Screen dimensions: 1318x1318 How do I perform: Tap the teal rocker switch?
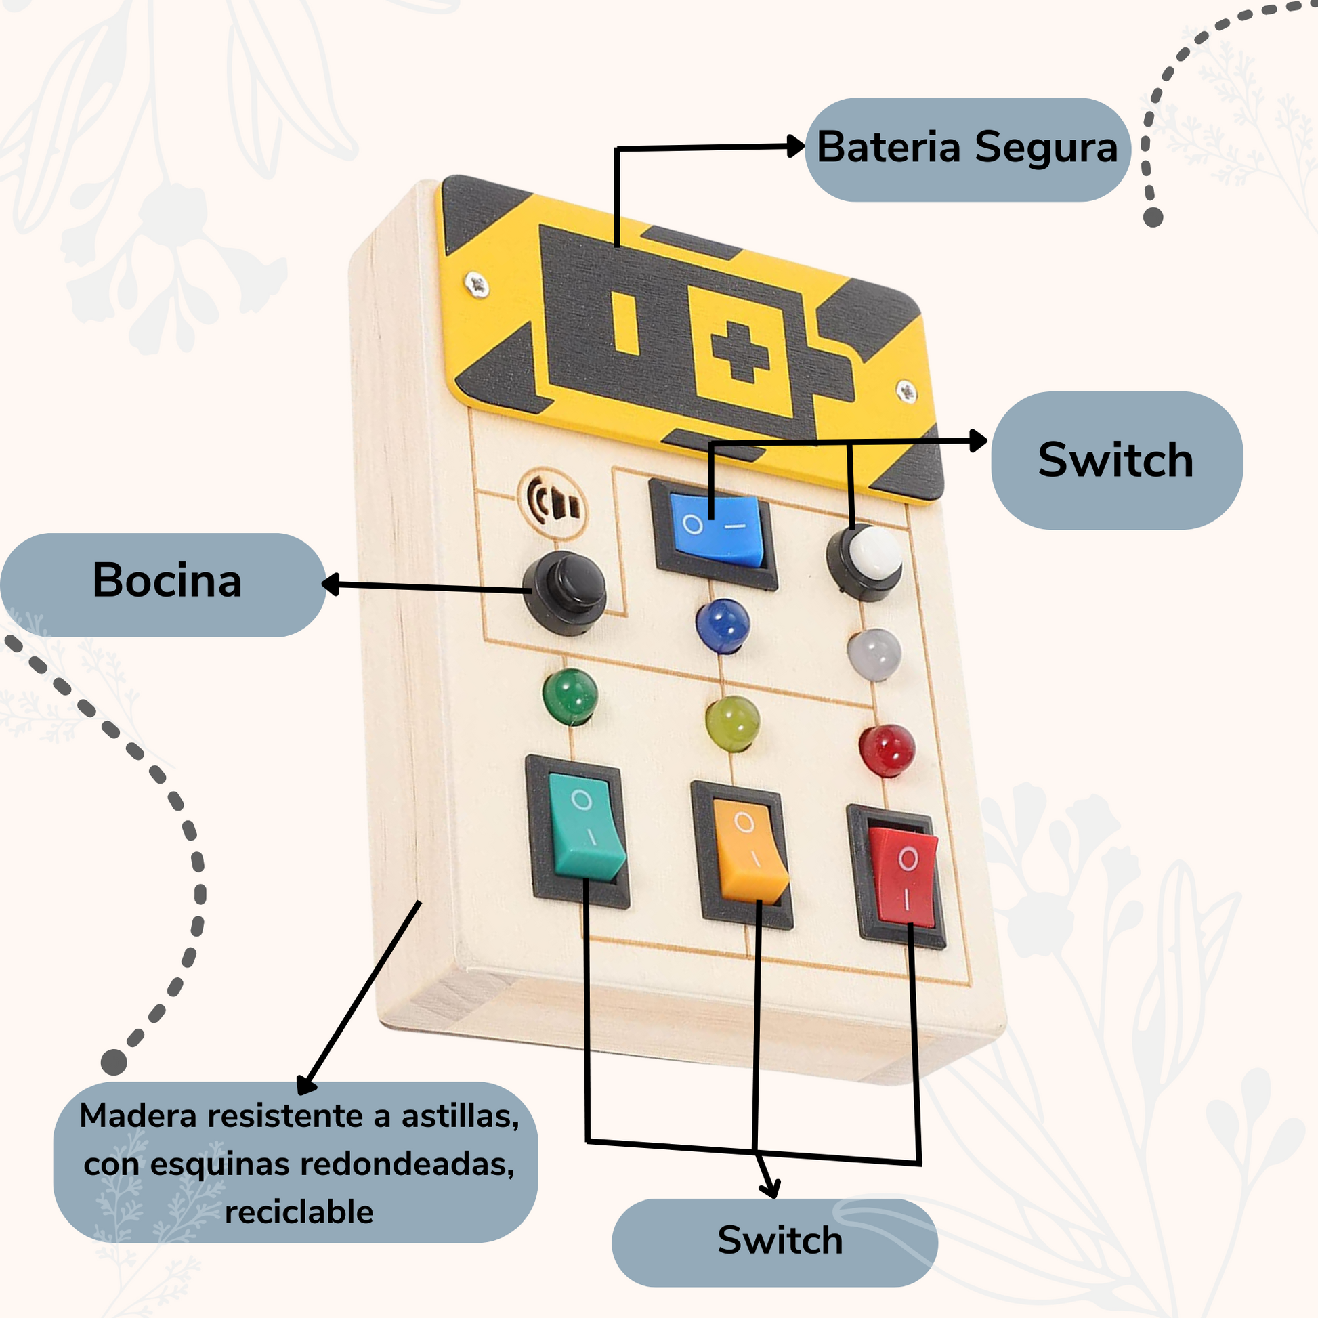pyautogui.click(x=584, y=828)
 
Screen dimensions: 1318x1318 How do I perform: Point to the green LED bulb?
pyautogui.click(x=570, y=695)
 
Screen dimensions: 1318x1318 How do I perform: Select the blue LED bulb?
pyautogui.click(x=723, y=624)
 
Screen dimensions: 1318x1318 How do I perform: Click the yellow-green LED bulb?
pyautogui.click(x=733, y=723)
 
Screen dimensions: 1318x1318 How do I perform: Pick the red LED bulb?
pyautogui.click(x=886, y=750)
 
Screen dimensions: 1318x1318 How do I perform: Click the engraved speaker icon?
pyautogui.click(x=553, y=504)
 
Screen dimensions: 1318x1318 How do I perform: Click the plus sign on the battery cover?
pyautogui.click(x=740, y=352)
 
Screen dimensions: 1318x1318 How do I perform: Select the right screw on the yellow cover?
pyautogui.click(x=907, y=390)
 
